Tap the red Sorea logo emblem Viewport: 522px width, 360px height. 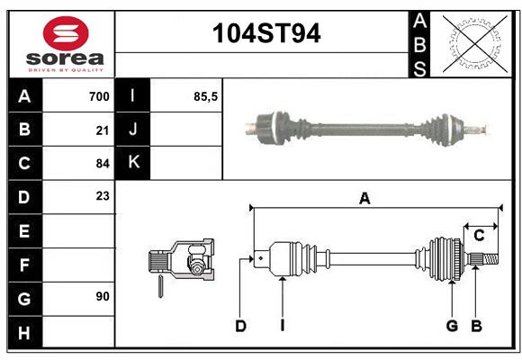66,35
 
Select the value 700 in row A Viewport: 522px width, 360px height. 99,96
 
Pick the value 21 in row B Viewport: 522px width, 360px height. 103,130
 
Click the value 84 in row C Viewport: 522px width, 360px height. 103,164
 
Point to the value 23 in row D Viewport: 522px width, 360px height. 103,196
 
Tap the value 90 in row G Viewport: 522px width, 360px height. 103,296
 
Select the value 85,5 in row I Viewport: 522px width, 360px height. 206,96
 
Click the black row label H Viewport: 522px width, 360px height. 24,332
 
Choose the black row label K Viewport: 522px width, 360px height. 134,162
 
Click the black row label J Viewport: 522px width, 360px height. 134,130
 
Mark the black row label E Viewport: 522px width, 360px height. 24,231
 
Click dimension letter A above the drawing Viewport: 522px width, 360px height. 364,199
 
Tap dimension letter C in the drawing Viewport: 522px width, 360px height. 480,236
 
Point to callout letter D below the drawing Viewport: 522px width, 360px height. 240,326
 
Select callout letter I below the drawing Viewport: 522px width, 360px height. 282,326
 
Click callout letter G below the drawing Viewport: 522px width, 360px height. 453,326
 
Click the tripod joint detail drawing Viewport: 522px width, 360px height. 181,262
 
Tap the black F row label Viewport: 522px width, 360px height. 24,265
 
